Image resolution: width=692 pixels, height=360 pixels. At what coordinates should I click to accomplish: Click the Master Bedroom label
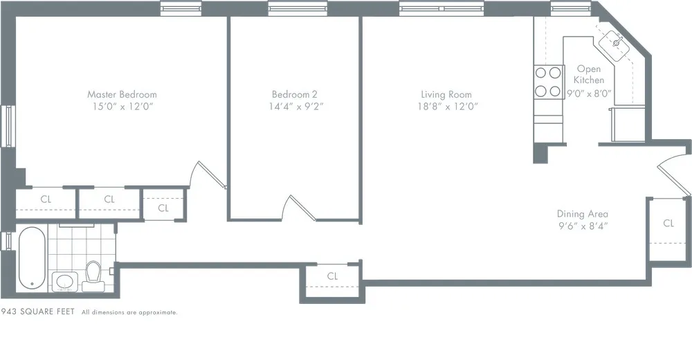click(122, 94)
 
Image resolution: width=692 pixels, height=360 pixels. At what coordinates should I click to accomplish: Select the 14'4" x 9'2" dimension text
click(296, 107)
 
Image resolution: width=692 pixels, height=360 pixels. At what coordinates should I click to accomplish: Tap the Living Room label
click(446, 94)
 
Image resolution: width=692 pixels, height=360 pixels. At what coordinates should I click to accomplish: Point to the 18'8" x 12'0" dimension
click(446, 107)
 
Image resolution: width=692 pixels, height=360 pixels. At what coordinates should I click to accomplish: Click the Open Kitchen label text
click(589, 74)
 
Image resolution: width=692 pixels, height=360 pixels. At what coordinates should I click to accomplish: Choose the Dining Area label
click(583, 214)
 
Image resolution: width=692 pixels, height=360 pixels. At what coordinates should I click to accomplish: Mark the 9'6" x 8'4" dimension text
click(583, 226)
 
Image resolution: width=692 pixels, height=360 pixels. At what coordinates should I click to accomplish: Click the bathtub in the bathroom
click(32, 259)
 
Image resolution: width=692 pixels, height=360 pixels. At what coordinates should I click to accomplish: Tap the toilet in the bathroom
click(93, 276)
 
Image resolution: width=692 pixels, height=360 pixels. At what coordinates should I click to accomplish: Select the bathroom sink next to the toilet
click(65, 282)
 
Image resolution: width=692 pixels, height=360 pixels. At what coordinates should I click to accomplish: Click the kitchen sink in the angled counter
click(614, 43)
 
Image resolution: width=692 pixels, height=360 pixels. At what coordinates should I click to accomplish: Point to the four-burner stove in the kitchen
click(547, 81)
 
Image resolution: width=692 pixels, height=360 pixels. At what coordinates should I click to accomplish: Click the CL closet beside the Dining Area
click(668, 223)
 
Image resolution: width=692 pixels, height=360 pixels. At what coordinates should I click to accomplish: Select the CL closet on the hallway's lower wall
click(332, 276)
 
